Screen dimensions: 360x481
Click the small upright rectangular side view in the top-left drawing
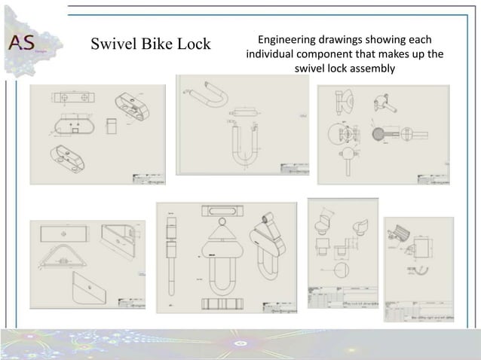(111, 123)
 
